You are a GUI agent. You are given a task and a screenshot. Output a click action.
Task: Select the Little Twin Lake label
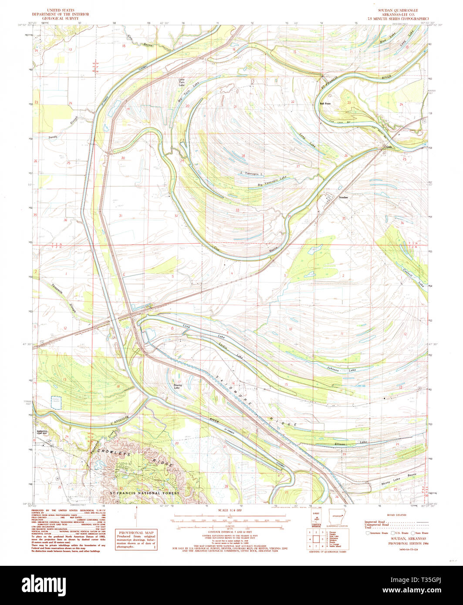[181, 81]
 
